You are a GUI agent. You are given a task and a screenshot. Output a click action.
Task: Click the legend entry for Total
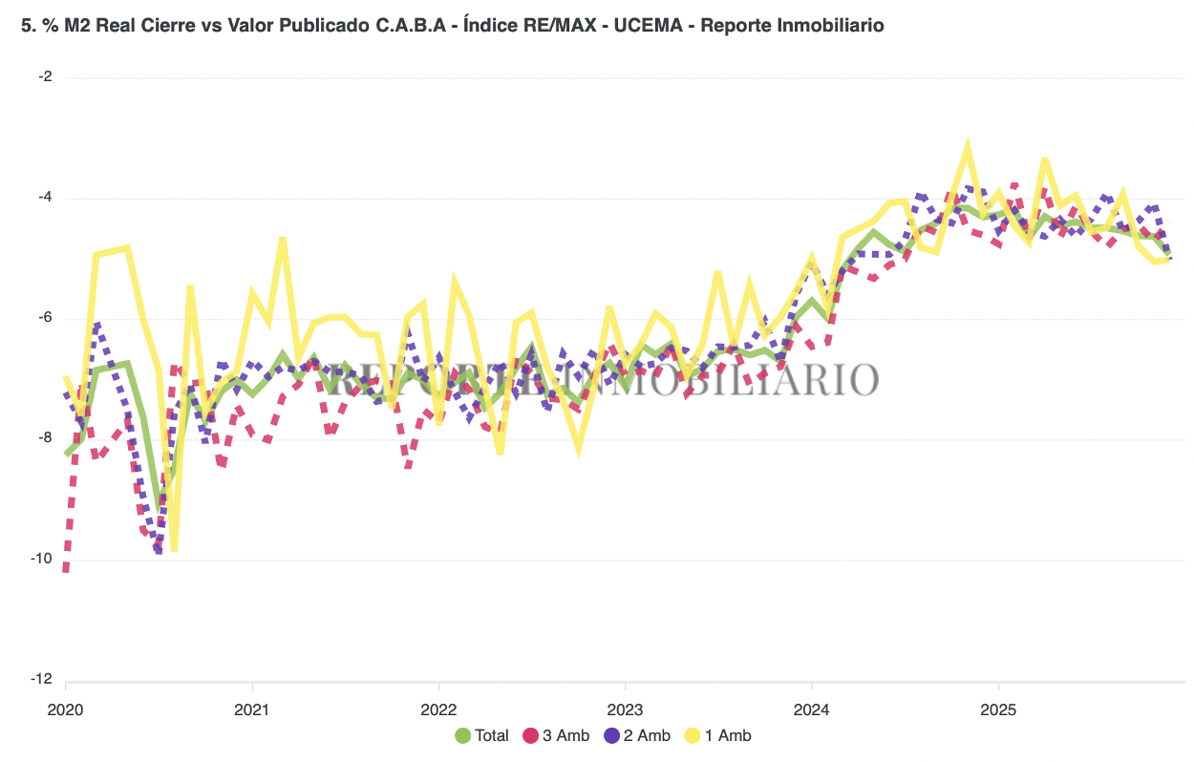(482, 735)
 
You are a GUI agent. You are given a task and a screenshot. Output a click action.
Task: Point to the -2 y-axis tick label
(45, 77)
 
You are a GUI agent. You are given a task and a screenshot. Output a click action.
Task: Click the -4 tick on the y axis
(45, 198)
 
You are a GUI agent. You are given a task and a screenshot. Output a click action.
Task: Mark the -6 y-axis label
(45, 318)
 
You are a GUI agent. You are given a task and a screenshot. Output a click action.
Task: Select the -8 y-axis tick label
(45, 438)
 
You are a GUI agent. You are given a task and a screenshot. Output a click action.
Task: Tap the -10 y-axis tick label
(42, 559)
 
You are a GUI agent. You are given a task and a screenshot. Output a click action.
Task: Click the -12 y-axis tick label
(42, 679)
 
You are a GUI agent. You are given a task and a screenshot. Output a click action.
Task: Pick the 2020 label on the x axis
(65, 710)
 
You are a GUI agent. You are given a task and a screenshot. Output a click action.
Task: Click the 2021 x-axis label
(251, 710)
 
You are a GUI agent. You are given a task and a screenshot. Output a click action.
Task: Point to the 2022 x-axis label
(437, 710)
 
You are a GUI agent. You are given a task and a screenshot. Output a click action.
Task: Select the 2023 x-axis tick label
(624, 710)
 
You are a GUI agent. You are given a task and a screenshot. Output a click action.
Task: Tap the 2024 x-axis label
(811, 710)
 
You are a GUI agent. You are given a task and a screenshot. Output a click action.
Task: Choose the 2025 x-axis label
(997, 710)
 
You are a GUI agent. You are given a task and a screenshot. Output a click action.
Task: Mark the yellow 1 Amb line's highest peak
(968, 145)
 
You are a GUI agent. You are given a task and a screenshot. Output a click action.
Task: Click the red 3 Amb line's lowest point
(65, 570)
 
